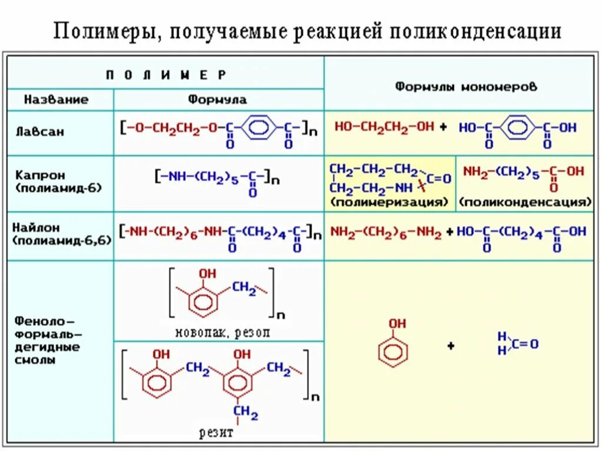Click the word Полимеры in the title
[105, 31]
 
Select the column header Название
[56, 99]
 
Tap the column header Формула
[218, 99]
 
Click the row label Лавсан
[40, 132]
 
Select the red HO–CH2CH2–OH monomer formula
[383, 127]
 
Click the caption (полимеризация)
[389, 203]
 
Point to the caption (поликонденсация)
[525, 203]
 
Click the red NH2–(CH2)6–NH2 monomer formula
[386, 232]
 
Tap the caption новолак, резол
[223, 332]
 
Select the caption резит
[216, 433]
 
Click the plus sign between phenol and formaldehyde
[451, 346]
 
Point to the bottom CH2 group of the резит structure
[246, 415]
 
